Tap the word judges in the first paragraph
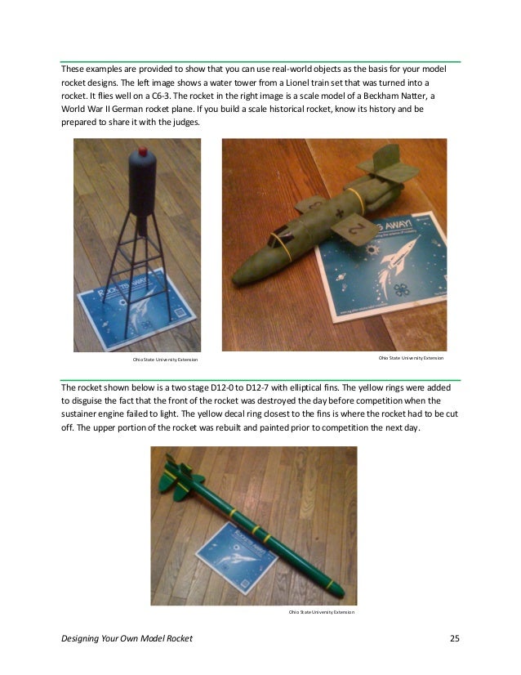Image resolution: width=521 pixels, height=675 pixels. tap(184, 122)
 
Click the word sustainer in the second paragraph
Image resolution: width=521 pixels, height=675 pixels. tap(85, 413)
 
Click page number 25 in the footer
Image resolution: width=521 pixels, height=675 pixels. tap(455, 637)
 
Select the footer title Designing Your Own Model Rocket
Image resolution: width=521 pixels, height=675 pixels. tap(127, 637)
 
